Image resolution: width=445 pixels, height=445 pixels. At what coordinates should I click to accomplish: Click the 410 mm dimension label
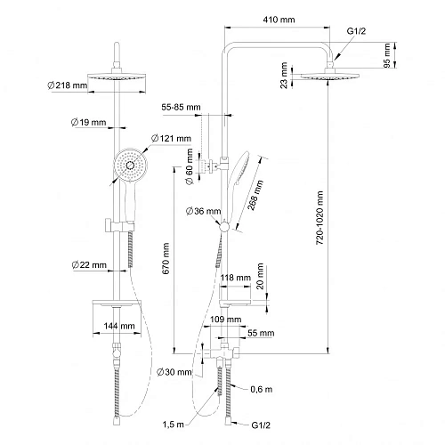point(279,20)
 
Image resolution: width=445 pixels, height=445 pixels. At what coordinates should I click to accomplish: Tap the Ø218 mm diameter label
point(68,85)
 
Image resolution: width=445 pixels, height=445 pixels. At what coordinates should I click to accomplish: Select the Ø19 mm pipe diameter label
point(88,122)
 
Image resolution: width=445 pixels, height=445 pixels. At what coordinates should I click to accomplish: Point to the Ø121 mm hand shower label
point(171,138)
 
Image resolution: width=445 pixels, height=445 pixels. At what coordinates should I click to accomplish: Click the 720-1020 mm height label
point(320,218)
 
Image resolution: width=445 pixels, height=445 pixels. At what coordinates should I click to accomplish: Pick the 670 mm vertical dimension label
point(166,258)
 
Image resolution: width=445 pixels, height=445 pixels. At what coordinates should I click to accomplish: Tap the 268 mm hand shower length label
point(255,195)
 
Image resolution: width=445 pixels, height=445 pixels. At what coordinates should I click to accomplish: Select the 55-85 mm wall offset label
point(181,107)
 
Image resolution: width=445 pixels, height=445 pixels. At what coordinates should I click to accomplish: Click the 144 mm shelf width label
point(119,326)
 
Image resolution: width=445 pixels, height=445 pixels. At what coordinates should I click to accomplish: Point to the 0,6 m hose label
point(262,389)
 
